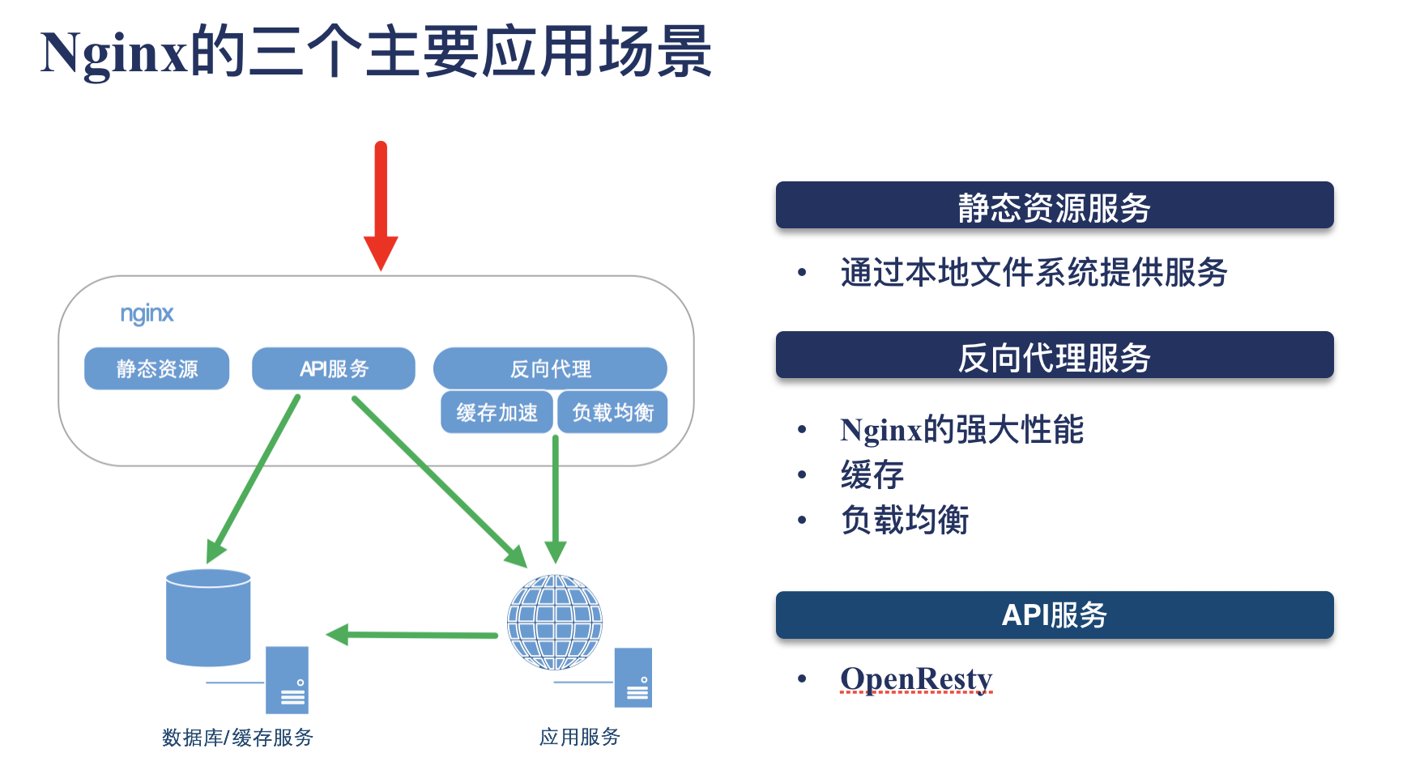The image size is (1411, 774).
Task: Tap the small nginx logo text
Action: pos(147,314)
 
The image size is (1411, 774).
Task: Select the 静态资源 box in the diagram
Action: pos(157,369)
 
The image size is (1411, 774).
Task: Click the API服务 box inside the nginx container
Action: pos(334,369)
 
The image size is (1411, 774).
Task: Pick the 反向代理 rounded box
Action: pos(550,369)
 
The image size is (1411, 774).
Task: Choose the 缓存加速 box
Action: pos(497,413)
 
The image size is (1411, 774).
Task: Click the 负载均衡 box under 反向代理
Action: pos(612,413)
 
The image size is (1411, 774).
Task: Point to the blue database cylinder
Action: pos(208,617)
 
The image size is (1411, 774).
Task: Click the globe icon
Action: pos(555,622)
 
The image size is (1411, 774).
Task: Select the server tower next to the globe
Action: pos(633,678)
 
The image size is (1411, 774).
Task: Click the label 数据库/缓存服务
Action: pos(237,738)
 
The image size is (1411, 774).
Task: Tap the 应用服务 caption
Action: pos(580,737)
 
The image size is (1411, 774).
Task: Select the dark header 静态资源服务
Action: pos(1054,206)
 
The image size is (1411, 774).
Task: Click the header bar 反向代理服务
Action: pos(1054,355)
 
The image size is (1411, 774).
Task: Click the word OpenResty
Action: pos(916,678)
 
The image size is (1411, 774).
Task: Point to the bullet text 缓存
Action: pos(872,474)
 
